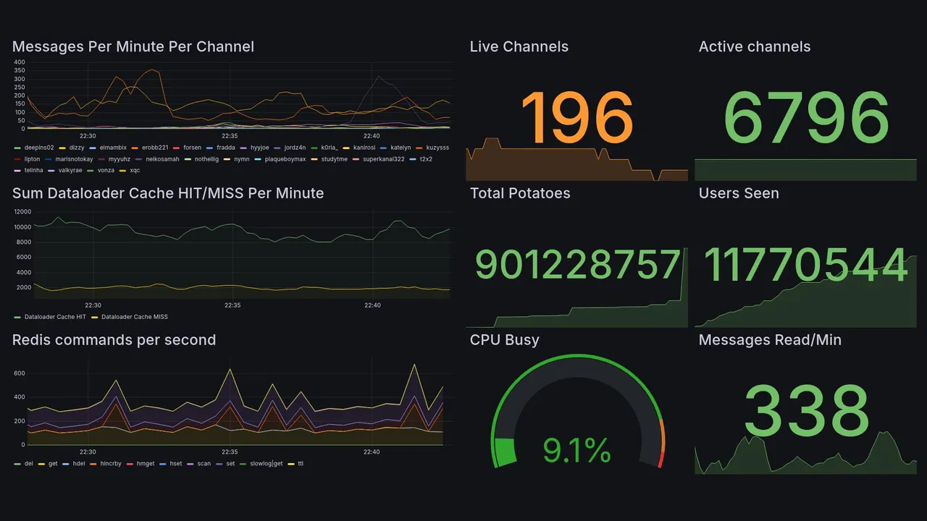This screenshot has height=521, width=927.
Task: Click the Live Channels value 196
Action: pos(576,118)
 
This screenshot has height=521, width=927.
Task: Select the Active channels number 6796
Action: pos(805,118)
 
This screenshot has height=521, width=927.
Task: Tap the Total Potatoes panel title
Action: pos(520,193)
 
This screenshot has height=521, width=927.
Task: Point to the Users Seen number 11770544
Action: pos(805,265)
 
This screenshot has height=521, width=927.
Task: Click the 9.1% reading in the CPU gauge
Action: pos(576,452)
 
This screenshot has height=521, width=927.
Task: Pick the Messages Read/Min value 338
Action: pos(805,410)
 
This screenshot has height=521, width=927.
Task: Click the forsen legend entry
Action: pos(192,148)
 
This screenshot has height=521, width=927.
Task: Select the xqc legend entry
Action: pos(135,170)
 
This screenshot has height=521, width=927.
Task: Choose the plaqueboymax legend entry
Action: pos(285,159)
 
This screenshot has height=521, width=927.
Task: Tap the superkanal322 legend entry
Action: pos(383,159)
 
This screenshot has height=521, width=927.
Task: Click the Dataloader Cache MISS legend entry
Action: pos(134,317)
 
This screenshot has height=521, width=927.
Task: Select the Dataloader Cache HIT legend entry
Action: pos(54,317)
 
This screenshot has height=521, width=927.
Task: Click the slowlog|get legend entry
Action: pos(266,463)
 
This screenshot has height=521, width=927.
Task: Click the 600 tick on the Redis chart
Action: pos(20,373)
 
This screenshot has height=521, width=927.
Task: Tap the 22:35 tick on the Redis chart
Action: pos(230,452)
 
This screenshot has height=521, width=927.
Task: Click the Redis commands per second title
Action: pos(114,340)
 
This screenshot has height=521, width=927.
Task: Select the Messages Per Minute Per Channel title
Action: pos(133,47)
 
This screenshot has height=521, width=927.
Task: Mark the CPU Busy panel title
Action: pos(504,340)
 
